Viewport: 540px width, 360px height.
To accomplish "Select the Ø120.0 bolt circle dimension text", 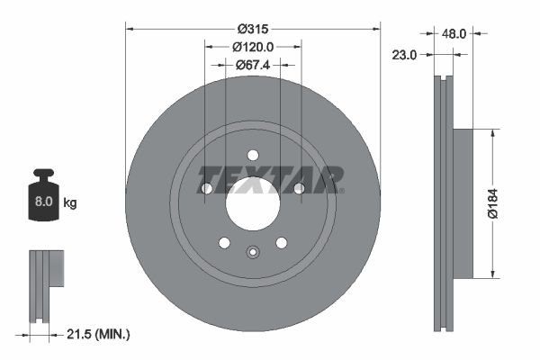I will [253, 46].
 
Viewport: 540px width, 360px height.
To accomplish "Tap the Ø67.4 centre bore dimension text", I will [253, 65].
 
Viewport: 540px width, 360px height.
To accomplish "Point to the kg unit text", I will [70, 203].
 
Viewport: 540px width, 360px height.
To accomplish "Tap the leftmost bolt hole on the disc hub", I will [207, 188].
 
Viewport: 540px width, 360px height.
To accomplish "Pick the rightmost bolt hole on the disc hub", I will [299, 188].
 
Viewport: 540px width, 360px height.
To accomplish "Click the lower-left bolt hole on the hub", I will [224, 242].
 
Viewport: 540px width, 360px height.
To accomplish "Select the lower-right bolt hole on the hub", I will [282, 242].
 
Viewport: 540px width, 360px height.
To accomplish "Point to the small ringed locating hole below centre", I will [253, 252].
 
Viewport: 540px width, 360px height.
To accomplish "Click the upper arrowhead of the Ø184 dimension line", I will [492, 134].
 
